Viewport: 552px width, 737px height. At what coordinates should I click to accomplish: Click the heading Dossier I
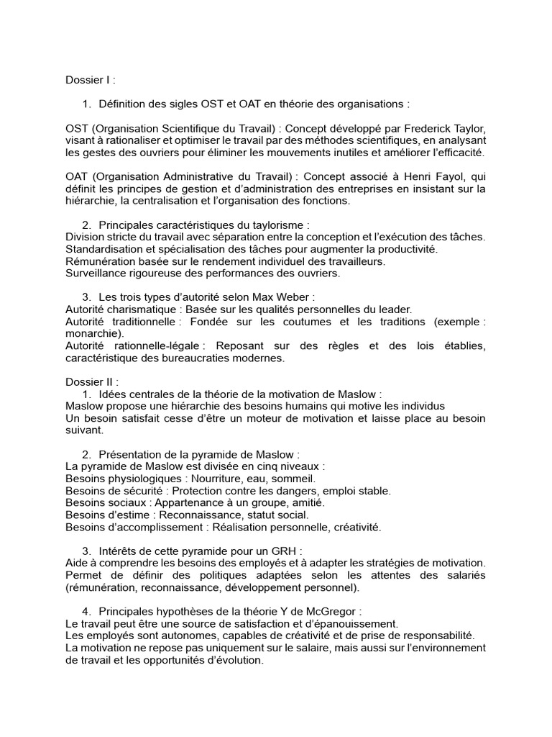(x=90, y=80)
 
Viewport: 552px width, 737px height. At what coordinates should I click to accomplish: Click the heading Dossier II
(x=92, y=382)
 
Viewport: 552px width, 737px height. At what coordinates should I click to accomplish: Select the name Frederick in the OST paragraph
(x=420, y=128)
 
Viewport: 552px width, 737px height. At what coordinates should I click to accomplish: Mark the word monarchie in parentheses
(x=93, y=334)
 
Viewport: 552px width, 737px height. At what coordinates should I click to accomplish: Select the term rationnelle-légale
(x=156, y=346)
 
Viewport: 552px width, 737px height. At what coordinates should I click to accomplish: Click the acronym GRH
(x=280, y=551)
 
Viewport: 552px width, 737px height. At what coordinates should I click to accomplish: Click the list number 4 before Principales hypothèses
(x=86, y=611)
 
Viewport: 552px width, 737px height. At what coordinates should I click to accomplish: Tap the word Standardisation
(x=106, y=249)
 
